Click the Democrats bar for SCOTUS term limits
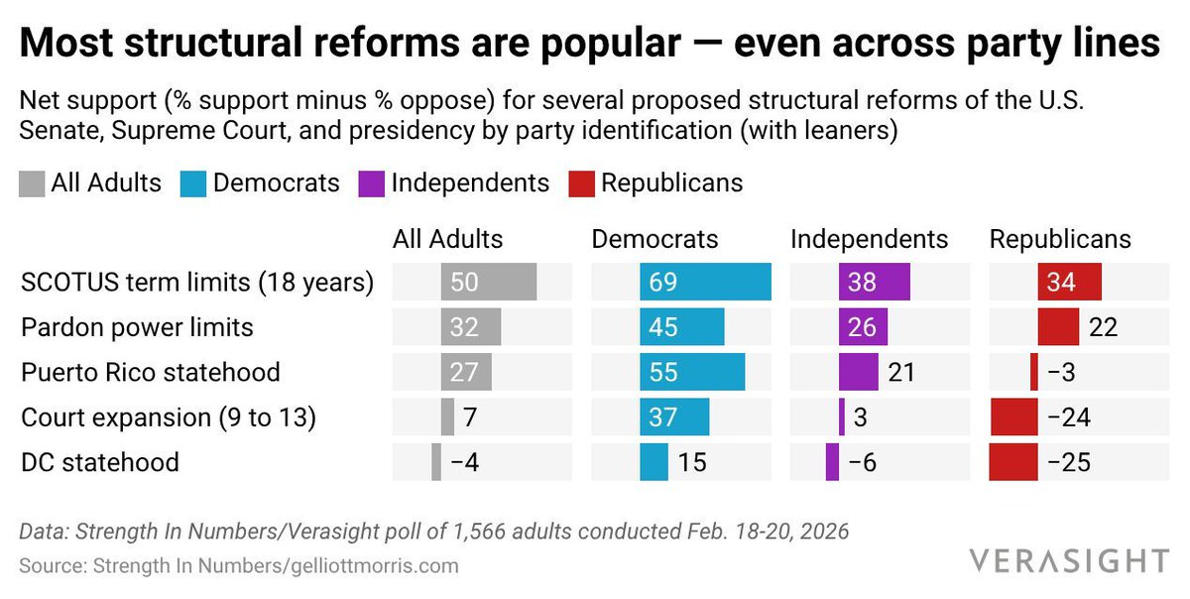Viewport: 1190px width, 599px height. (705, 283)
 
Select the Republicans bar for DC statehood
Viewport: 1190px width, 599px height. (1013, 462)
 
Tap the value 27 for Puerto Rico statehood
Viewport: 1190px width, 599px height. (464, 373)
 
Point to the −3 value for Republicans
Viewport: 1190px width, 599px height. (1060, 373)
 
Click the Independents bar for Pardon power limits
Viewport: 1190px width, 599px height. (863, 327)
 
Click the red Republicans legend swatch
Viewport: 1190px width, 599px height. (580, 183)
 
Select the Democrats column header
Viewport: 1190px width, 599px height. (654, 239)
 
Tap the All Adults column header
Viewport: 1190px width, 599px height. (447, 239)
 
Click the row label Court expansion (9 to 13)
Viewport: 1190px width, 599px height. (169, 418)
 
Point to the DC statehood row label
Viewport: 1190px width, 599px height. (100, 462)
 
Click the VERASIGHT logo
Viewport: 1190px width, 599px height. (1068, 561)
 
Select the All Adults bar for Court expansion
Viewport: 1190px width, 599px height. (447, 418)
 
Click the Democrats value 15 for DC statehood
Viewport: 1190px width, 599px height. (692, 462)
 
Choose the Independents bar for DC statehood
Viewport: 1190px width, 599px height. (832, 462)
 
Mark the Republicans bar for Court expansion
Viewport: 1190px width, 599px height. (1013, 418)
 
